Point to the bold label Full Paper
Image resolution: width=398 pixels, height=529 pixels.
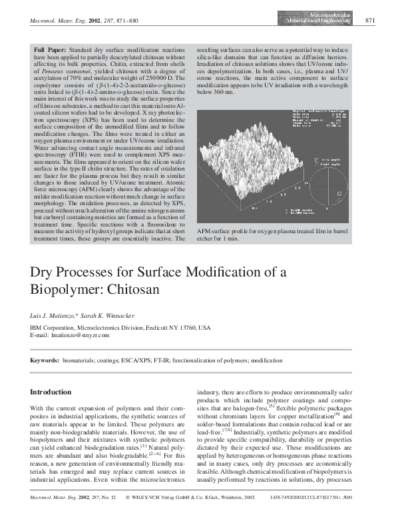tap(47, 50)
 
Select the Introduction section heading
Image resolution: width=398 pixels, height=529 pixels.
tap(51, 392)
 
